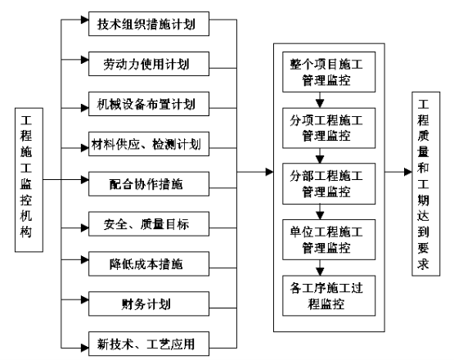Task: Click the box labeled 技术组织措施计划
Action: [149, 24]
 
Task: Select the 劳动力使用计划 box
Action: [149, 64]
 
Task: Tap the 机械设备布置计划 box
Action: [149, 104]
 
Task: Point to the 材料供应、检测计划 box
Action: [149, 144]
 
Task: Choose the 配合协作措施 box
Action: [149, 184]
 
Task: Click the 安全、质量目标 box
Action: [149, 224]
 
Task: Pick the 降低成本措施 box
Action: [149, 263]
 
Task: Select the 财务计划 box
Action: [149, 304]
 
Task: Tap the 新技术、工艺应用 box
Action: [149, 344]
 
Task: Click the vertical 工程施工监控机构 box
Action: [29, 180]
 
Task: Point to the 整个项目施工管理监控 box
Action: [329, 72]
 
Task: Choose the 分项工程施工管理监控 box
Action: [329, 128]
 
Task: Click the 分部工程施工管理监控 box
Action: [329, 184]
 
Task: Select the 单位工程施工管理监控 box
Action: [329, 240]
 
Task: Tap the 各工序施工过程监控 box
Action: [329, 295]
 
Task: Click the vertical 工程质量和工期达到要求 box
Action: [426, 184]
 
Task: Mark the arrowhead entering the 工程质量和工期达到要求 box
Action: [408, 172]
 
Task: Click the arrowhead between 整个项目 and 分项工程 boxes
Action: [320, 104]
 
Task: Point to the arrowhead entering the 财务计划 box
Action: [84, 299]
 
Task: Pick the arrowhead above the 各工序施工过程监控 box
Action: [320, 272]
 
